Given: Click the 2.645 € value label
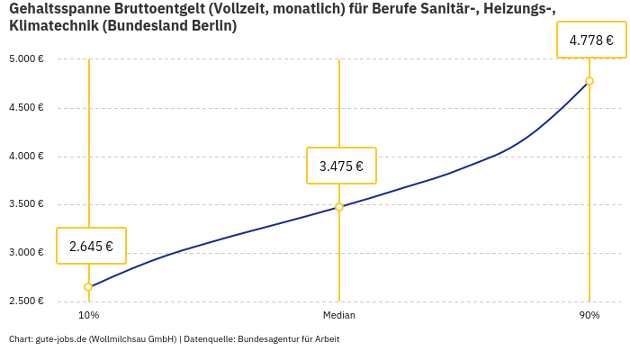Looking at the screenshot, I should click(x=91, y=246).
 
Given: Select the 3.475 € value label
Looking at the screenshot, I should click(x=341, y=166).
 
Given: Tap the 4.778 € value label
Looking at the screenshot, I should click(x=591, y=40).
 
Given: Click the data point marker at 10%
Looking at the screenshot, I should click(x=88, y=287).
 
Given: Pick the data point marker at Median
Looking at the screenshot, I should click(x=339, y=207).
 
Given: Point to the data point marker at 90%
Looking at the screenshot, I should click(x=589, y=81).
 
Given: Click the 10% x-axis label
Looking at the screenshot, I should click(x=88, y=315).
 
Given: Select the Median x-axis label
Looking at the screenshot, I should click(x=339, y=315).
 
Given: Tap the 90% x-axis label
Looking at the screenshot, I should click(x=589, y=315).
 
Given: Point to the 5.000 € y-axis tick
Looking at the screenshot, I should click(x=27, y=59).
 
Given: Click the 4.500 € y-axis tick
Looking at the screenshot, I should click(x=27, y=108).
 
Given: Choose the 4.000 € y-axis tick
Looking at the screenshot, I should click(x=27, y=157).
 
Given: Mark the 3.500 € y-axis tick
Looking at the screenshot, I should click(x=27, y=204).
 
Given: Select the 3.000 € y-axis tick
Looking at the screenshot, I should click(x=27, y=253).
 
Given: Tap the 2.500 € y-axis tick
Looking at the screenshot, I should click(x=27, y=301).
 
